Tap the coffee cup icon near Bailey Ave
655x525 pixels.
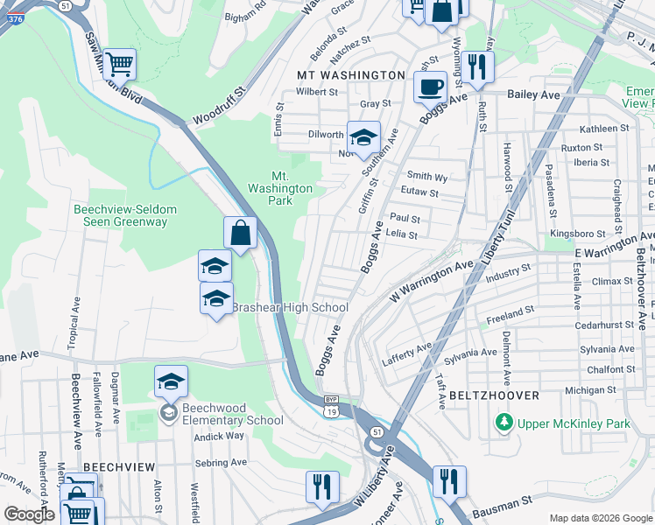(x=430, y=87)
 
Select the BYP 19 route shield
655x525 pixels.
(x=330, y=406)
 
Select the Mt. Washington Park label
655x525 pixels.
(x=280, y=188)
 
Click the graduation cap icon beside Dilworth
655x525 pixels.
(x=363, y=137)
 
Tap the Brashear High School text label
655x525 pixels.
(x=289, y=307)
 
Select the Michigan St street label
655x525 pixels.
(x=586, y=389)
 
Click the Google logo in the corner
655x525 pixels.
(x=29, y=514)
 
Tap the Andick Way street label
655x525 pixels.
(x=219, y=435)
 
